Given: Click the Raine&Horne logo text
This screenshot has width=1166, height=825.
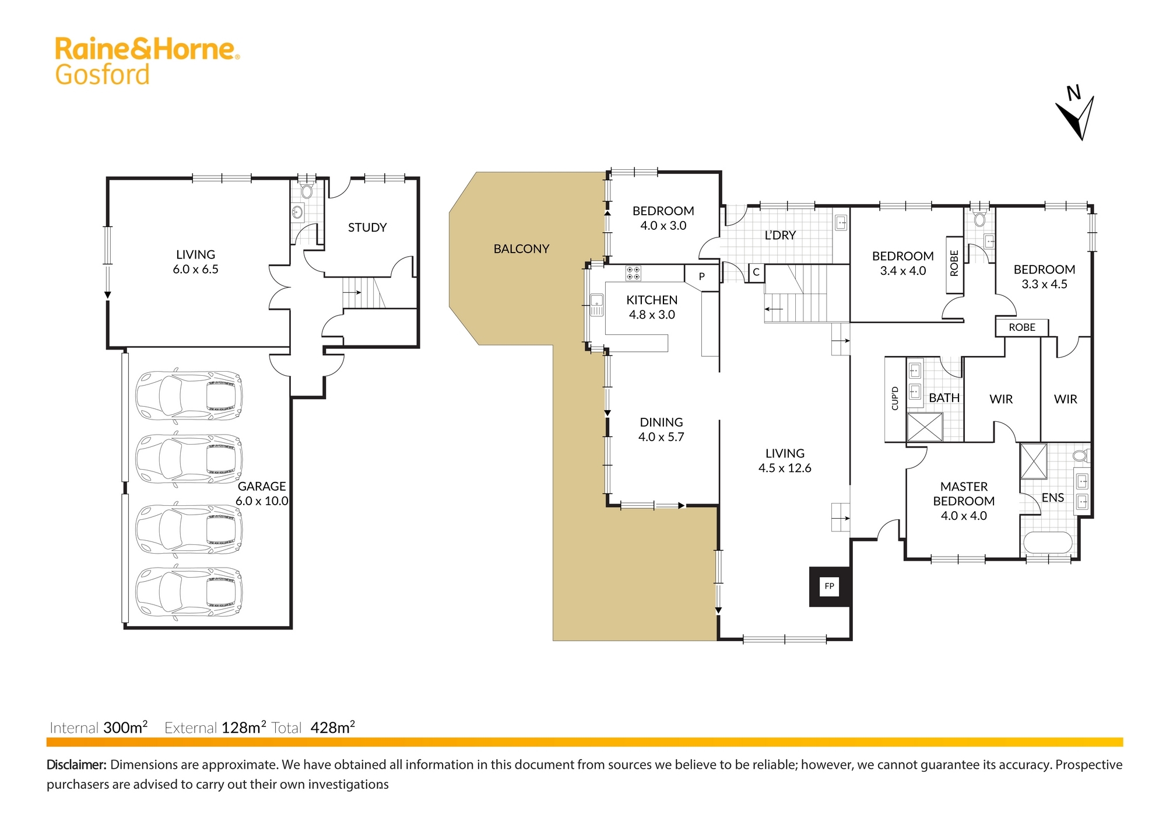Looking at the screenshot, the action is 147,49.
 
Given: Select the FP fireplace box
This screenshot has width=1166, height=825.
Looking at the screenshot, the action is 829,586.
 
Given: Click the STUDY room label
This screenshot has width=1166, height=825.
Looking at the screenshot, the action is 367,228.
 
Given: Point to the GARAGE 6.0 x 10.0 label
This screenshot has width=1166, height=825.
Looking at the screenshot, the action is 262,494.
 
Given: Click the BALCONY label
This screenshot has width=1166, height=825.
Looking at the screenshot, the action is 521,249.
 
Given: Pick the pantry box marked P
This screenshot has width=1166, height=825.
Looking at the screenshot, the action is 701,277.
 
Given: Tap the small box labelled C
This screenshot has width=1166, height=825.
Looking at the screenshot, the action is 756,272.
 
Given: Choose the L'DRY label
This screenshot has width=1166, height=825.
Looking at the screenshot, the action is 780,235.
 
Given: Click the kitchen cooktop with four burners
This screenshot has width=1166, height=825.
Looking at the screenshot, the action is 633,273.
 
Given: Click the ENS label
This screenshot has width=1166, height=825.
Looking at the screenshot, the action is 1053,498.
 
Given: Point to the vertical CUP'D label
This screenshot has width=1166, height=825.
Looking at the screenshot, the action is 895,398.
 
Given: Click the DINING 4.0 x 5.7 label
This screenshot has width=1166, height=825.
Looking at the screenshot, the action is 661,429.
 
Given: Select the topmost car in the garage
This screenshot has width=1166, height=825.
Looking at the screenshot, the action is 189,396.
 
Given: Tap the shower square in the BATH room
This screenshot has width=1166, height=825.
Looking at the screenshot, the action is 925,427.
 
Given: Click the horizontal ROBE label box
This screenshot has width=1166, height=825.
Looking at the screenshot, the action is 1022,327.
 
